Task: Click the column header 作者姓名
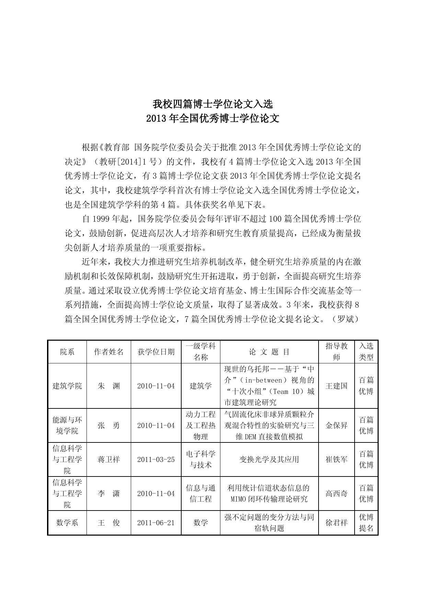point(109,352)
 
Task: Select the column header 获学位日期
point(156,352)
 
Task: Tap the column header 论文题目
point(269,352)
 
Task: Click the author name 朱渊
point(109,386)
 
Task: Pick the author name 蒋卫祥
point(109,459)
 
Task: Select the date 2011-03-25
point(156,459)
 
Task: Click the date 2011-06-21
point(156,523)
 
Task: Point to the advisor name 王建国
point(336,386)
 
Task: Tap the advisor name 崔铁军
point(336,459)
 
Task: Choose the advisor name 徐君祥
point(336,523)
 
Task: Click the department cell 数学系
point(67,523)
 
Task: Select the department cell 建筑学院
point(67,386)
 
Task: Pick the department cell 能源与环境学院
point(67,425)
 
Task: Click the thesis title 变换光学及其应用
point(269,459)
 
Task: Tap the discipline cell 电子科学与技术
point(201,459)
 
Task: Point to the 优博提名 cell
point(366,523)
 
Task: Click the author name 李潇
point(109,493)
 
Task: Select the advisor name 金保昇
point(336,425)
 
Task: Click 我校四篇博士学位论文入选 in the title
point(213,103)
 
